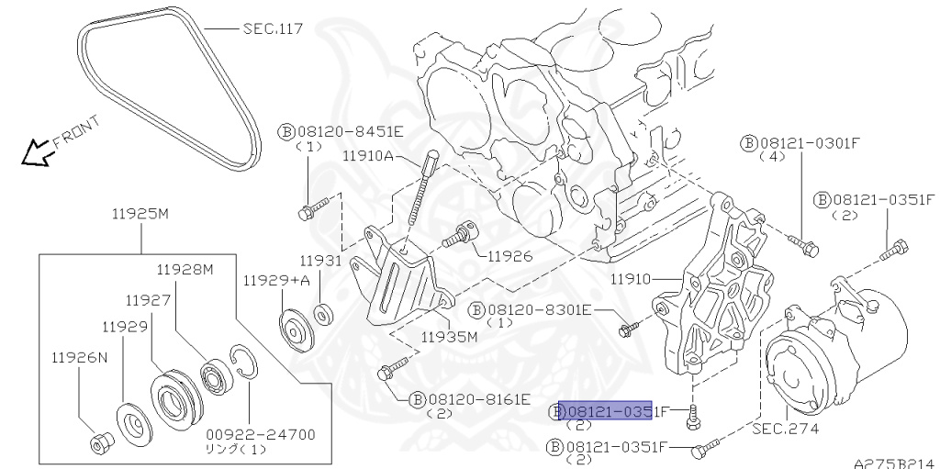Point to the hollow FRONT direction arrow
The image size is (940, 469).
click(38, 153)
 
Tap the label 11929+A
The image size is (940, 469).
click(276, 280)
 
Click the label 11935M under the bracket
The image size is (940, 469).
click(450, 336)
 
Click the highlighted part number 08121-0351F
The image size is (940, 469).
click(606, 411)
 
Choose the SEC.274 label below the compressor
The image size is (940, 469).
click(785, 429)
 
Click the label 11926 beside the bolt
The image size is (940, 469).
click(509, 255)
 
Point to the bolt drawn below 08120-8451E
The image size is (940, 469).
click(310, 212)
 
